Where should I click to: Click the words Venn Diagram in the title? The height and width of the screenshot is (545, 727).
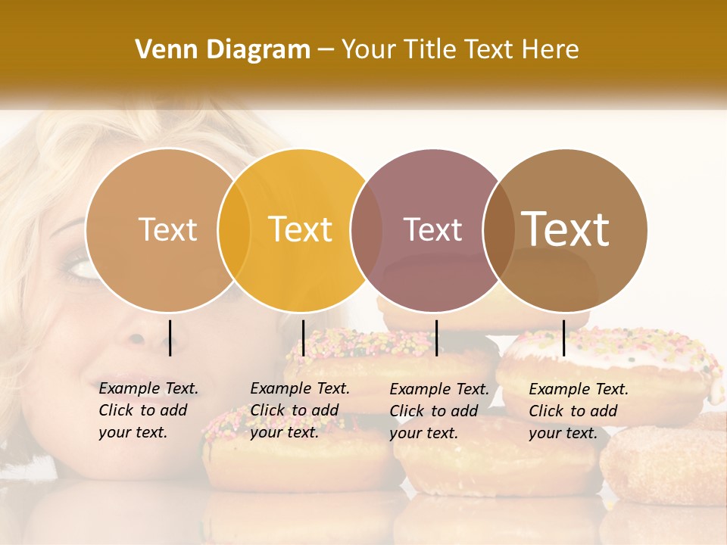pyautogui.click(x=223, y=50)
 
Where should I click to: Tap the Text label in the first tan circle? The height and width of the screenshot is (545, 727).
pyautogui.click(x=167, y=229)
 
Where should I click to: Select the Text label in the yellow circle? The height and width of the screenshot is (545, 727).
pyautogui.click(x=301, y=229)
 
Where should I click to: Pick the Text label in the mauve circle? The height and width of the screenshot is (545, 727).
pyautogui.click(x=432, y=229)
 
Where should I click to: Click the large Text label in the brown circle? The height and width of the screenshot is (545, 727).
pyautogui.click(x=566, y=229)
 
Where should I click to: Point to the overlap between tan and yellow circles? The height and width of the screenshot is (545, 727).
pyautogui.click(x=234, y=230)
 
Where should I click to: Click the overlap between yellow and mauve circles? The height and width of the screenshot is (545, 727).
pyautogui.click(x=367, y=230)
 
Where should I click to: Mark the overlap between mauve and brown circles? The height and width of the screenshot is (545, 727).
pyautogui.click(x=498, y=230)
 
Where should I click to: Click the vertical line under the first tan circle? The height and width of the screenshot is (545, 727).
pyautogui.click(x=170, y=338)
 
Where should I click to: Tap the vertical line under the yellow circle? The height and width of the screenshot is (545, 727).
pyautogui.click(x=303, y=338)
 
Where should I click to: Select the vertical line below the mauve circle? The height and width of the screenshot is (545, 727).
pyautogui.click(x=436, y=338)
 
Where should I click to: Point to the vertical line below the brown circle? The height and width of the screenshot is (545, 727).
pyautogui.click(x=563, y=338)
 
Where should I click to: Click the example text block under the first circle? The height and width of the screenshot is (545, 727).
pyautogui.click(x=148, y=410)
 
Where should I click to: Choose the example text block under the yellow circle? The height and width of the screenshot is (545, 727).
pyautogui.click(x=300, y=410)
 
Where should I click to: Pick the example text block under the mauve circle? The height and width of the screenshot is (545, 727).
pyautogui.click(x=439, y=411)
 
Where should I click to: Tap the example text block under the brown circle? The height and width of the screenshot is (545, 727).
pyautogui.click(x=579, y=411)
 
